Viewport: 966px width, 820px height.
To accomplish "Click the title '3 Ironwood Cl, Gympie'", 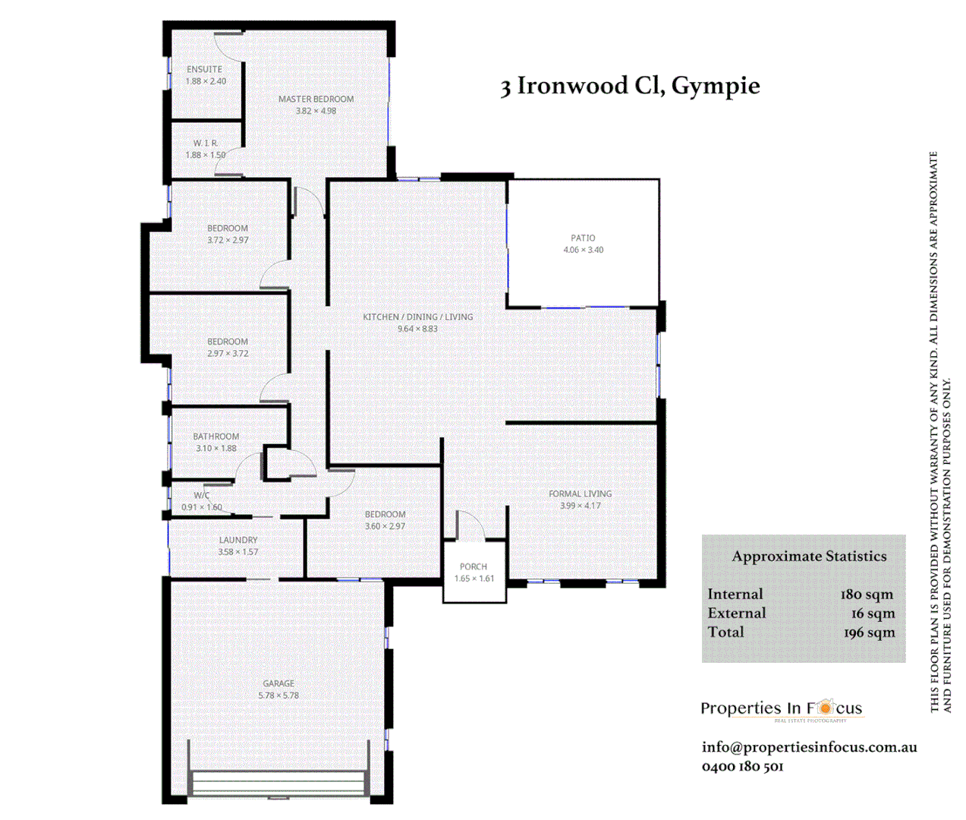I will [629, 87].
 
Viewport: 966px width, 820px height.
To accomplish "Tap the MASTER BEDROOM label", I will [316, 99].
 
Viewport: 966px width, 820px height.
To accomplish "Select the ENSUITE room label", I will [205, 69].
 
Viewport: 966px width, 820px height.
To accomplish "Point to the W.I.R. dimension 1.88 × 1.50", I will [206, 155].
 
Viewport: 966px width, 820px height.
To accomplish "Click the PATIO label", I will [583, 238].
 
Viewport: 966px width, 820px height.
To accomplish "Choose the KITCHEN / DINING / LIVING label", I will [417, 317].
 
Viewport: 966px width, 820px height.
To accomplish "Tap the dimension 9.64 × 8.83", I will [417, 329].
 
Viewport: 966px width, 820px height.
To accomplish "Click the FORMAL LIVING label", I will [580, 494].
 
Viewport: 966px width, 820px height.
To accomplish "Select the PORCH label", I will [474, 566].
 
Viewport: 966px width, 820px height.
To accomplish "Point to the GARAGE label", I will [278, 683].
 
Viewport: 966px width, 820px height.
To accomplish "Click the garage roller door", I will [278, 783].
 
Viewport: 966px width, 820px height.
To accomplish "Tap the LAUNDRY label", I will [238, 540].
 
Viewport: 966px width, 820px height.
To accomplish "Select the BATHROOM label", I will [216, 437].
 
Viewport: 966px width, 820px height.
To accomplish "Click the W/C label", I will [201, 495].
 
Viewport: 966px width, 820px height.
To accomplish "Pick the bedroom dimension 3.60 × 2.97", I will [385, 526].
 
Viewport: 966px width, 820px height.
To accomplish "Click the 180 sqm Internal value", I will [867, 594].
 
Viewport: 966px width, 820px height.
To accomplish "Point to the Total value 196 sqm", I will [869, 632].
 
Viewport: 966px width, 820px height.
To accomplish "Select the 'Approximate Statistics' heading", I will [809, 557].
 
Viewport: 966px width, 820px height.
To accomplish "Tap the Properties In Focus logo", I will [781, 710].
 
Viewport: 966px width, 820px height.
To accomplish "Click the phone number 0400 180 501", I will [742, 767].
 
